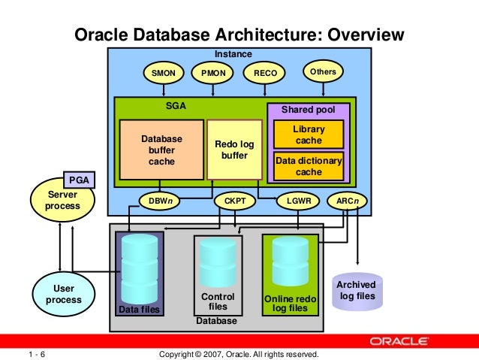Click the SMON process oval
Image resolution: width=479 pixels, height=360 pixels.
click(x=163, y=74)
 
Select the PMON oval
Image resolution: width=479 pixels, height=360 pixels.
click(x=213, y=74)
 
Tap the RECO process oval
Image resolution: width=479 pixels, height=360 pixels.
click(x=265, y=74)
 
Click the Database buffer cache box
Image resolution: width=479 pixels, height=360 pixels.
click(x=161, y=150)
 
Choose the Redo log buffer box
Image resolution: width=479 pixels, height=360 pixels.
click(x=235, y=149)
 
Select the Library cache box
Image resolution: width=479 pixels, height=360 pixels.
click(x=309, y=135)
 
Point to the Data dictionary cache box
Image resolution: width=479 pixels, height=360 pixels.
click(x=309, y=166)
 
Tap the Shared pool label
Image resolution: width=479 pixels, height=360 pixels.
click(x=308, y=110)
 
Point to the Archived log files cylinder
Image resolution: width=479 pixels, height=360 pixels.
click(x=357, y=292)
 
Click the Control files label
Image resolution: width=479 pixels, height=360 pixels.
click(x=218, y=301)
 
